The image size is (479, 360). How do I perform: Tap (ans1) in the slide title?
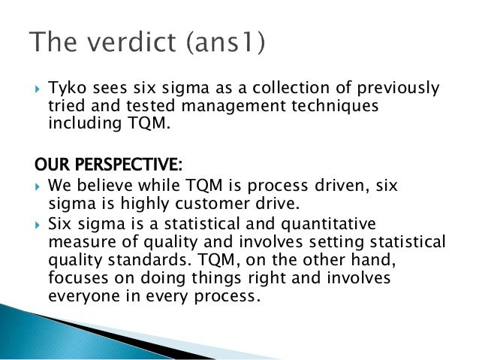pos(224,44)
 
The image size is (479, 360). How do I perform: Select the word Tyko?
pos(64,89)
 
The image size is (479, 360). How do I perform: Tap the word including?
pos(81,124)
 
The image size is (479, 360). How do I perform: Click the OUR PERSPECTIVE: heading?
pos(110,164)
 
